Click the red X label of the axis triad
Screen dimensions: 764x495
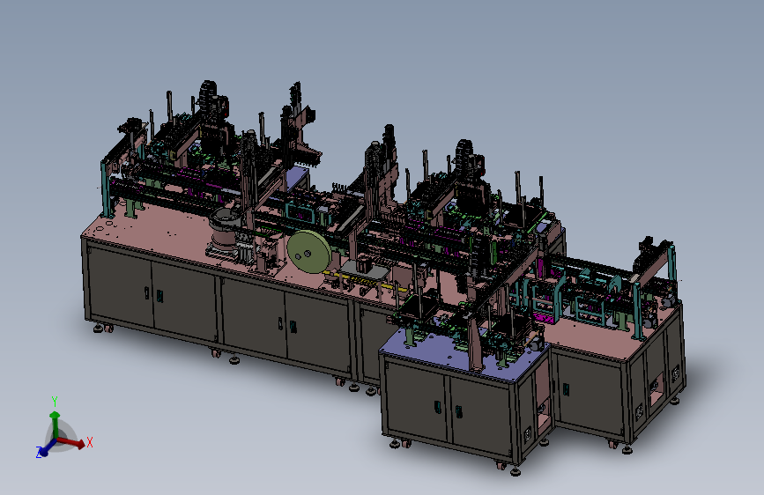(90, 442)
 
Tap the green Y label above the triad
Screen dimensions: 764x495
(55, 402)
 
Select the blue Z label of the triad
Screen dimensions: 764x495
(39, 452)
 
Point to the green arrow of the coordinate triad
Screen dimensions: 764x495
(55, 425)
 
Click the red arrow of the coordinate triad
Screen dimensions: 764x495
(71, 442)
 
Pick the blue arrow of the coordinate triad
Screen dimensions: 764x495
(48, 447)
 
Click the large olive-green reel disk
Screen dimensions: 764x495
(308, 253)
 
